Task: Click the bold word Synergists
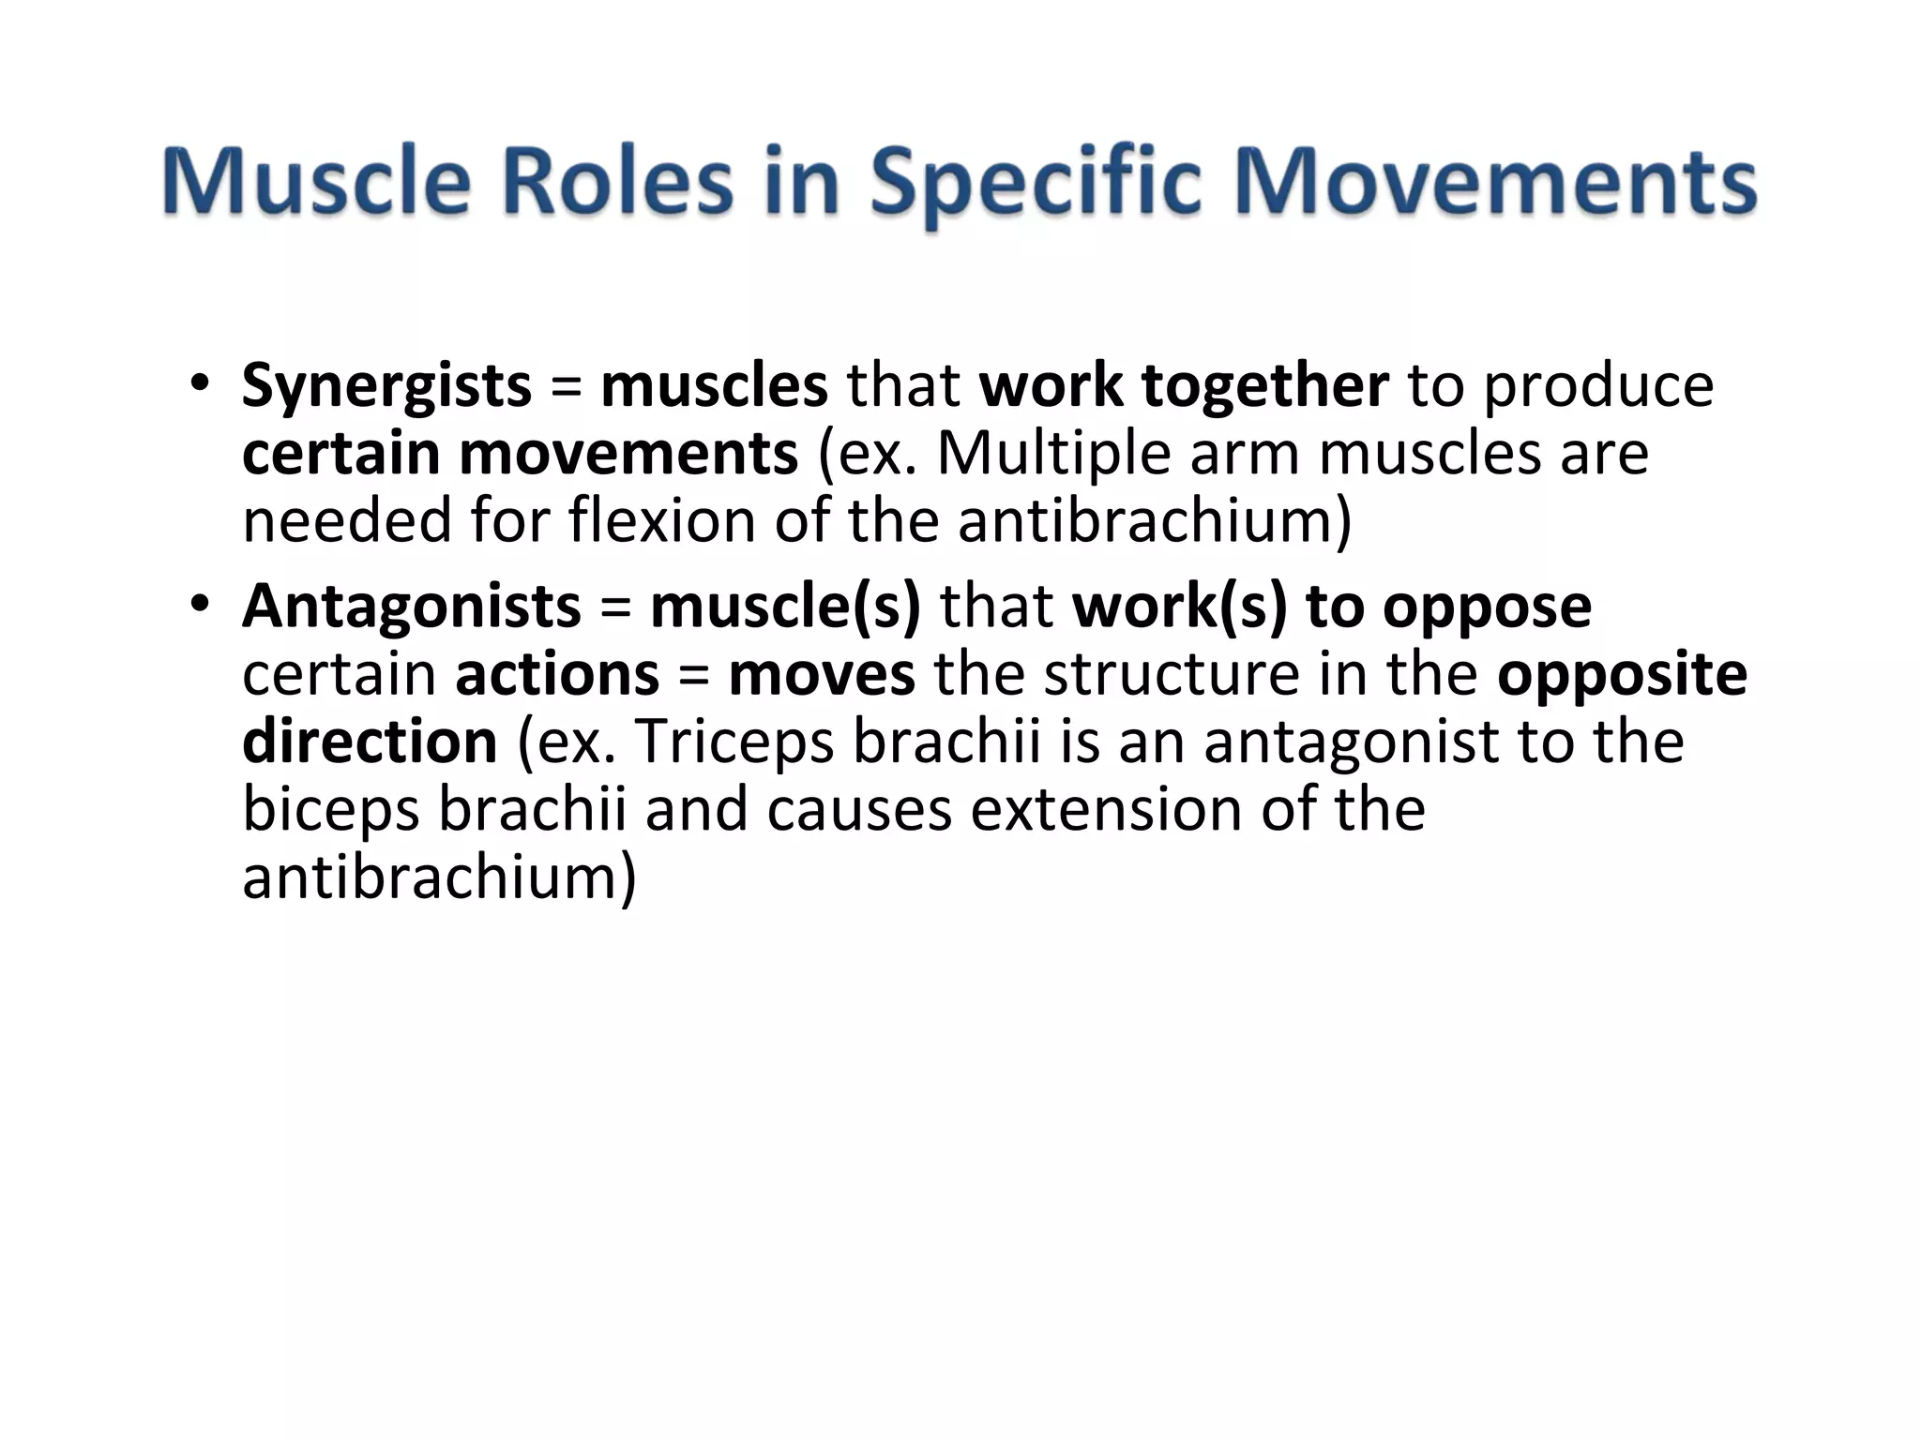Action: [x=386, y=386]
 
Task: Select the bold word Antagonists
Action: [x=411, y=607]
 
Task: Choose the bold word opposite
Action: [x=1622, y=675]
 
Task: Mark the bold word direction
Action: [x=370, y=742]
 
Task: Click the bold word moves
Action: [x=822, y=675]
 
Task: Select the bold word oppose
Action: [x=1487, y=607]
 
